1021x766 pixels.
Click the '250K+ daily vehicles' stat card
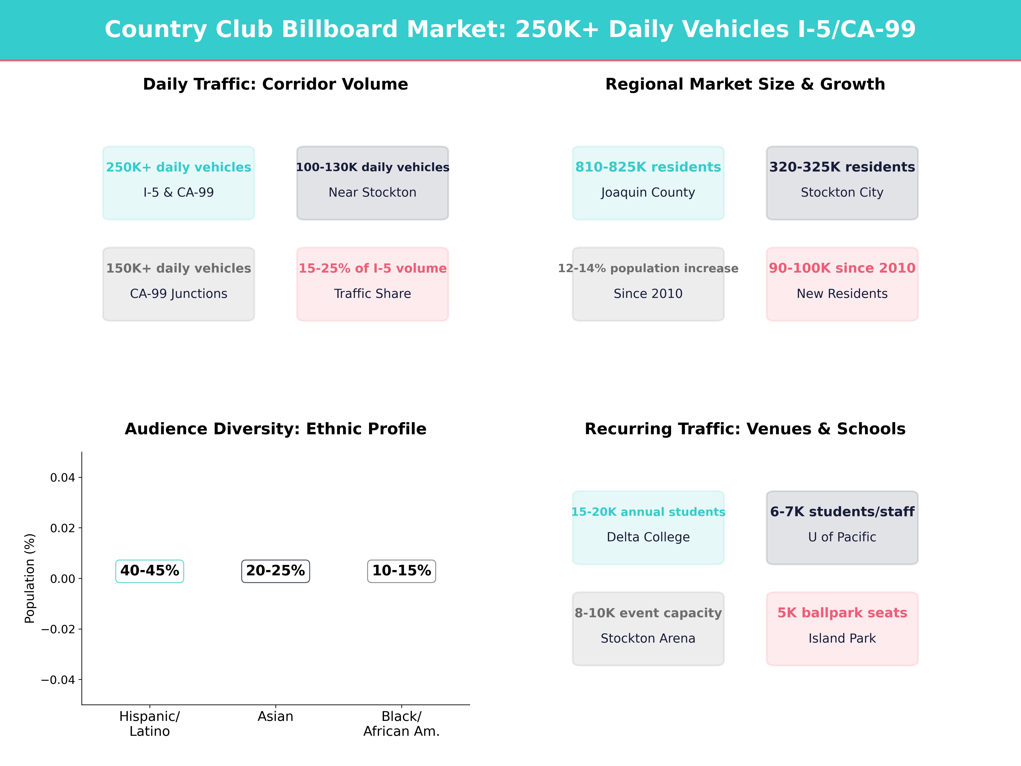(x=179, y=183)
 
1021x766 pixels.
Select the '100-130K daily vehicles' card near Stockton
(x=372, y=183)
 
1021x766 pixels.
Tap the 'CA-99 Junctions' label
(x=179, y=294)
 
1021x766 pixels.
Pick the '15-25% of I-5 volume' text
(x=372, y=268)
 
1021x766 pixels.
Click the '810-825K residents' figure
(x=648, y=167)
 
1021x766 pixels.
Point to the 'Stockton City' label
(x=842, y=193)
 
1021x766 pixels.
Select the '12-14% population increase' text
(x=648, y=268)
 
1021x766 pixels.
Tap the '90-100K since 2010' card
(x=842, y=284)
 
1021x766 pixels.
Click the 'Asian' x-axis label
(x=275, y=717)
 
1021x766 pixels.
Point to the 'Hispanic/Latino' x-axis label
(x=150, y=723)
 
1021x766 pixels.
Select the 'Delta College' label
(x=648, y=537)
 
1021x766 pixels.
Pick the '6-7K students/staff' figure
(x=842, y=512)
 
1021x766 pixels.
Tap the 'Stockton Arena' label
(x=648, y=639)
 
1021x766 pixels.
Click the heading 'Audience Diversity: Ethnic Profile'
(x=275, y=429)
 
